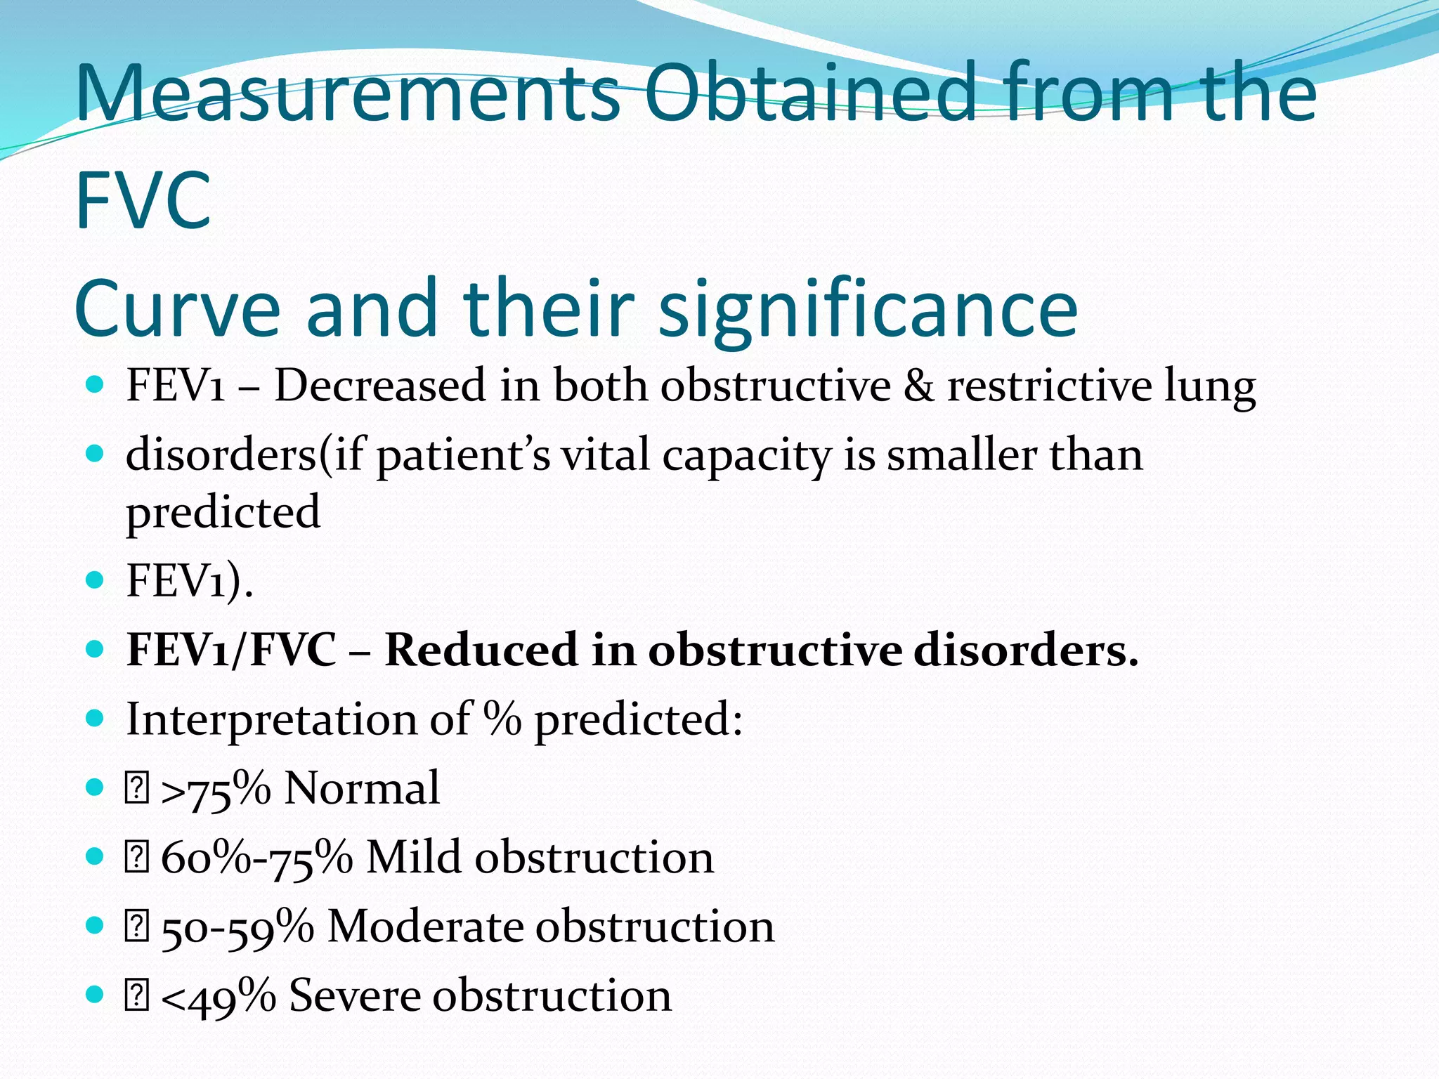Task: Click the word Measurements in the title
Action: (347, 93)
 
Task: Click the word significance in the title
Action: (867, 309)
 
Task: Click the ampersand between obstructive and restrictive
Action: (919, 386)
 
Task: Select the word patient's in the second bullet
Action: (463, 456)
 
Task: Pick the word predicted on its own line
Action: (223, 512)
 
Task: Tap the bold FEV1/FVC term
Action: (231, 650)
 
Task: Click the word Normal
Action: (362, 788)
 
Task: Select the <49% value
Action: (218, 997)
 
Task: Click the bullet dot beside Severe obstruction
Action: (94, 995)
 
